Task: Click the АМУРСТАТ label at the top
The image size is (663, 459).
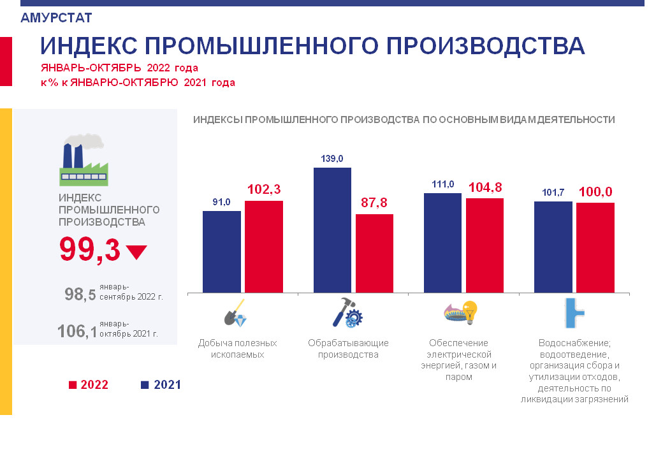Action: (x=56, y=18)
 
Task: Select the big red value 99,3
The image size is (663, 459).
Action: (x=89, y=249)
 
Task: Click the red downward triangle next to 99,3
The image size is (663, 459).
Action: (x=136, y=252)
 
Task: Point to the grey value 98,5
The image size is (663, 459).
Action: (x=80, y=295)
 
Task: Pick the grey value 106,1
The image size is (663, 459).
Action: (x=77, y=331)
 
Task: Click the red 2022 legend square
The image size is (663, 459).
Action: (x=72, y=385)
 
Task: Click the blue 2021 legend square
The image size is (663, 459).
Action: (x=144, y=385)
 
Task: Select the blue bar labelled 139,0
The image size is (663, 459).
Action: (x=332, y=229)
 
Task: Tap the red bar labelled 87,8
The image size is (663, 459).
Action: (x=374, y=253)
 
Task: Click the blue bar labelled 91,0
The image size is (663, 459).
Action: (x=221, y=251)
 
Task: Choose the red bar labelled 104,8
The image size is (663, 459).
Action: (x=484, y=245)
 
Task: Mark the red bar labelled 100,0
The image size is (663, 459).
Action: (x=595, y=247)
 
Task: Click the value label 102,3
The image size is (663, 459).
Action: (x=263, y=189)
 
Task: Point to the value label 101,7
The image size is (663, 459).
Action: (x=553, y=192)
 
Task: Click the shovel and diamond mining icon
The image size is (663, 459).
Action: (x=235, y=312)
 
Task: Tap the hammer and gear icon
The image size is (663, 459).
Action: (x=347, y=312)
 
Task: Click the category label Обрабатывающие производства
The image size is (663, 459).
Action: (x=348, y=349)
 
